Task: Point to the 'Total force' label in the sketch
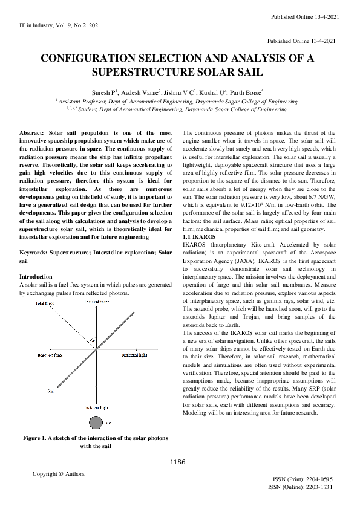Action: tap(45, 302)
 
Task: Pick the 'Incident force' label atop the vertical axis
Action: tap(97, 301)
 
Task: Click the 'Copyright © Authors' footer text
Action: tap(58, 474)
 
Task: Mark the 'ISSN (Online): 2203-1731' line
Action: tap(299, 487)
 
